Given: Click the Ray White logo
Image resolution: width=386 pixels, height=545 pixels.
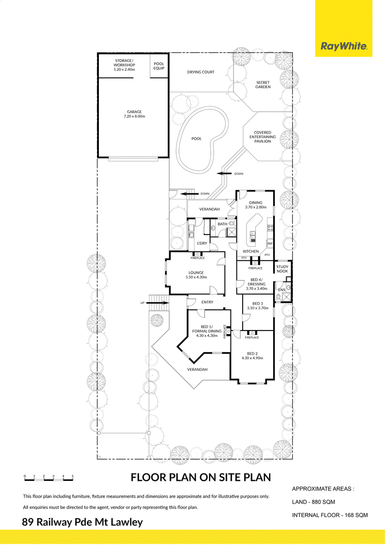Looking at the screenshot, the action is point(344,46).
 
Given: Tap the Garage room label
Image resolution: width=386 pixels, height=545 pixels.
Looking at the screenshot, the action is point(134,114).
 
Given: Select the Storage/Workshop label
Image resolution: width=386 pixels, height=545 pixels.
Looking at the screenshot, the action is point(124,65).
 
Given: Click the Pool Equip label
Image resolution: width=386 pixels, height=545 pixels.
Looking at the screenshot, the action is point(159,66).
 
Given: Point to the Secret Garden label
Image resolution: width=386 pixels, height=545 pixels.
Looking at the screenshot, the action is point(263,85).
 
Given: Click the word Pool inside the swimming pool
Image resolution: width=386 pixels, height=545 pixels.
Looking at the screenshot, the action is point(196,139).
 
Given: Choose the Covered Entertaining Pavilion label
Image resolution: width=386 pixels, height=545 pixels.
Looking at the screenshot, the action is point(262,137).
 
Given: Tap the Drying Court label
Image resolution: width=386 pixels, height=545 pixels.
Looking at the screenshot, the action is point(201,72).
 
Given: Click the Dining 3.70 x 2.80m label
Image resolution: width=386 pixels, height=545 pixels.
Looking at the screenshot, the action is point(255,205).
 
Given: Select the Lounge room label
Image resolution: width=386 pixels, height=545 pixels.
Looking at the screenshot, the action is point(196,275).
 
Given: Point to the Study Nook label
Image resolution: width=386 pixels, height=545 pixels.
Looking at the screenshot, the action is point(282,269).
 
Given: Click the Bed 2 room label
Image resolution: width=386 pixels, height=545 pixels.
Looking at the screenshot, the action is point(252,356).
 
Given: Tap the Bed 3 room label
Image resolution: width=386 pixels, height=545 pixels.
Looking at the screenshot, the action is point(258,306).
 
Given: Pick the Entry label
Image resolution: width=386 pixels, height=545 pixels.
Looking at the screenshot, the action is point(207,302).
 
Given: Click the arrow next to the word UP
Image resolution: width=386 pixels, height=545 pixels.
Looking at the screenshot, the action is point(158,303).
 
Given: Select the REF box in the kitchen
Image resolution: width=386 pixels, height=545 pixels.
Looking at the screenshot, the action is point(270,244).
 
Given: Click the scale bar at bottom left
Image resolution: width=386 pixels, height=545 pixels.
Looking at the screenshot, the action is point(49,479).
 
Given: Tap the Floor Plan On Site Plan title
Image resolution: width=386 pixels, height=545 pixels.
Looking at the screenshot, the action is point(201,477).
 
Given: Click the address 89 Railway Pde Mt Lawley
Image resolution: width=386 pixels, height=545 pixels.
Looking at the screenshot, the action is point(83,522).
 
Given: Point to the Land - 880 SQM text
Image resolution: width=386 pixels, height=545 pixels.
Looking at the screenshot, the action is point(314,502).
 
